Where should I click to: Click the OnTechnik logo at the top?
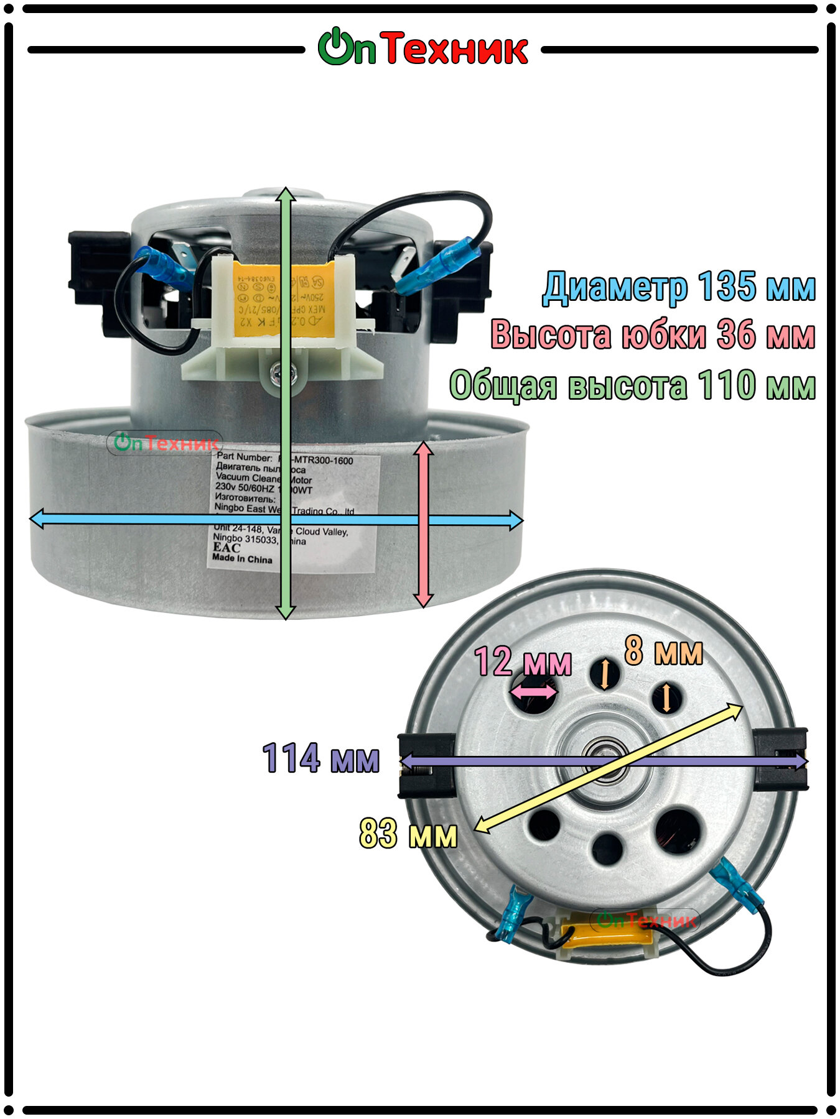tap(423, 48)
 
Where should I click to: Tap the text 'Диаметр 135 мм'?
tap(678, 287)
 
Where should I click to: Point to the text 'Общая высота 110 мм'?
tap(632, 385)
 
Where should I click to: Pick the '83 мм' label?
tap(408, 834)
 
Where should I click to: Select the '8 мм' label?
tap(663, 651)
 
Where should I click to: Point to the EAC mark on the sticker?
tap(226, 548)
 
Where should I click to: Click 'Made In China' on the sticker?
tap(242, 559)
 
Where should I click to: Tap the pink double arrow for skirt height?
tap(423, 524)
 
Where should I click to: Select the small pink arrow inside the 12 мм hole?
tap(533, 691)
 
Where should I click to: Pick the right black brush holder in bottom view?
tap(781, 760)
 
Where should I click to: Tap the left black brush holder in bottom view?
tap(426, 765)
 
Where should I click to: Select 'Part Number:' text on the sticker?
tap(244, 457)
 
